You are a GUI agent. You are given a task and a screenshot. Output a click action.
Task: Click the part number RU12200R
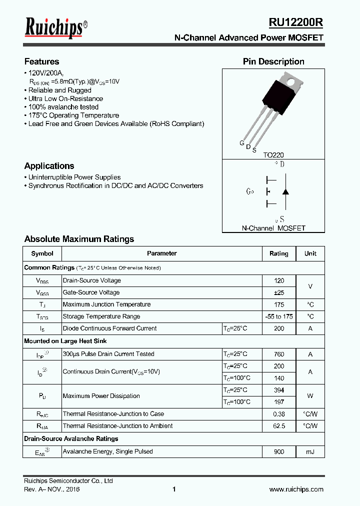point(296,23)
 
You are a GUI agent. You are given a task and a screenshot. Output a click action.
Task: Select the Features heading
point(41,61)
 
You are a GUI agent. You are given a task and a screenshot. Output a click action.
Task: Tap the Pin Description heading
point(273,61)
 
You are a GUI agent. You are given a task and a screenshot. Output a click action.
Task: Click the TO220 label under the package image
point(273,155)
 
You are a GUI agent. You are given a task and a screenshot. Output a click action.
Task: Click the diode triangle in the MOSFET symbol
point(285,191)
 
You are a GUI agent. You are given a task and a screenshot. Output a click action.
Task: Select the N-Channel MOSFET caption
point(273,228)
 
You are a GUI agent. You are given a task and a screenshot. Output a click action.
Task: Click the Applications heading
point(49,166)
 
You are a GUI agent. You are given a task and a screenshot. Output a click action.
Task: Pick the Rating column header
point(279,253)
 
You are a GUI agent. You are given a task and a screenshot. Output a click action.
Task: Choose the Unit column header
point(310,253)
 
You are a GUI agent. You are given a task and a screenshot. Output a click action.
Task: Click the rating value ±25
point(279,292)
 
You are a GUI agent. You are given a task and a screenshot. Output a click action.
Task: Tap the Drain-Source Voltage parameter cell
point(92,280)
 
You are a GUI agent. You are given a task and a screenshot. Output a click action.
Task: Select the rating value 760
point(279,354)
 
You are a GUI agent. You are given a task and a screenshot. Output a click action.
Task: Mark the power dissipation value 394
point(279,390)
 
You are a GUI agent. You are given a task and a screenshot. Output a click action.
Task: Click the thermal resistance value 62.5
point(279,426)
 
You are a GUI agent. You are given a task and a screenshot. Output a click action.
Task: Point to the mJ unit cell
point(310,452)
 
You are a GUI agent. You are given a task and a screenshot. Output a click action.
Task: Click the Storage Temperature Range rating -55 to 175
point(279,316)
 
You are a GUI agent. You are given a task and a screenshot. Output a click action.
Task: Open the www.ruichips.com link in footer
point(296,489)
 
